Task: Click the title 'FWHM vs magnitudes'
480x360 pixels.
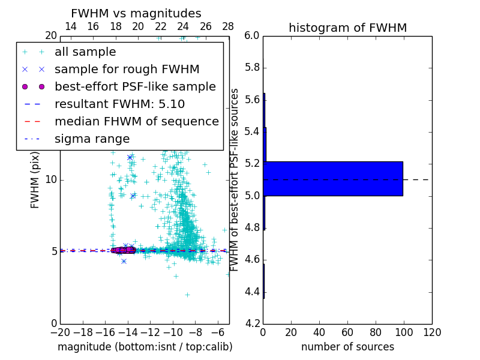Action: click(136, 13)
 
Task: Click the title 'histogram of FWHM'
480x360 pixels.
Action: click(347, 28)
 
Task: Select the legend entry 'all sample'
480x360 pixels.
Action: click(85, 52)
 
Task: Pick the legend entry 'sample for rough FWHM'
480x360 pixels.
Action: click(127, 70)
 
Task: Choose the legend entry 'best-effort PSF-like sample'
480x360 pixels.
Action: click(135, 87)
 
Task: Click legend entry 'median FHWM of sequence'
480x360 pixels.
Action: click(136, 122)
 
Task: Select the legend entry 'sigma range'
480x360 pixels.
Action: click(92, 139)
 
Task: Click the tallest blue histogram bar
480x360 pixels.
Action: click(333, 179)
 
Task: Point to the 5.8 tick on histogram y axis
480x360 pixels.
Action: click(252, 68)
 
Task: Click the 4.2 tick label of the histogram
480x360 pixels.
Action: click(252, 324)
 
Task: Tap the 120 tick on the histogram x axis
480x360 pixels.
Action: click(432, 332)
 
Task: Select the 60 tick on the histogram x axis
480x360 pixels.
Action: click(347, 332)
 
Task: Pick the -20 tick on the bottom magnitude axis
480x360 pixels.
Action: click(60, 332)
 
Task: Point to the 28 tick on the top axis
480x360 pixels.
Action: click(228, 26)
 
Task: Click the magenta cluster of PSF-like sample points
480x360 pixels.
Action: click(123, 250)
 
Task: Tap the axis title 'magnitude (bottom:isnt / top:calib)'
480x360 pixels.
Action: click(145, 347)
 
